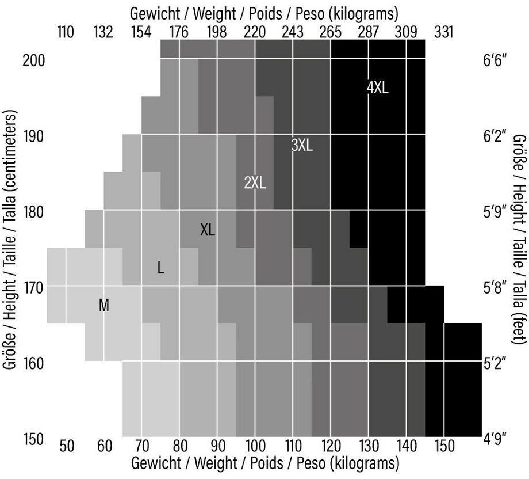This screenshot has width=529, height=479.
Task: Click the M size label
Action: (x=104, y=305)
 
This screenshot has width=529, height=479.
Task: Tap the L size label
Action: (x=160, y=268)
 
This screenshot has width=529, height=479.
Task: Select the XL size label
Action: (x=208, y=230)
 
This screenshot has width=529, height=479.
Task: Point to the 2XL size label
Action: (x=255, y=183)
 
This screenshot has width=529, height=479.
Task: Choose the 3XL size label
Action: (x=302, y=146)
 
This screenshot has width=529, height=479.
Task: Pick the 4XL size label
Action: (x=377, y=88)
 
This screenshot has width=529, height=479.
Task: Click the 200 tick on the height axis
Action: (x=33, y=59)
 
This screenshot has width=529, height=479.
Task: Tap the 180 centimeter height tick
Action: (x=33, y=211)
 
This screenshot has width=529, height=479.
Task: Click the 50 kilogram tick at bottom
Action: (x=67, y=446)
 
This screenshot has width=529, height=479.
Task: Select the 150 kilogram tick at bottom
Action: (x=444, y=446)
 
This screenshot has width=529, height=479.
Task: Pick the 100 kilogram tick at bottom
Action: (x=255, y=446)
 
